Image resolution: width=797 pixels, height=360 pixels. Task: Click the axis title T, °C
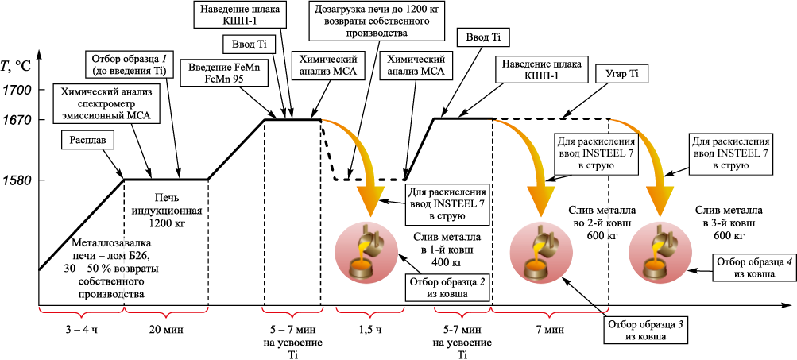pos(17,66)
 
